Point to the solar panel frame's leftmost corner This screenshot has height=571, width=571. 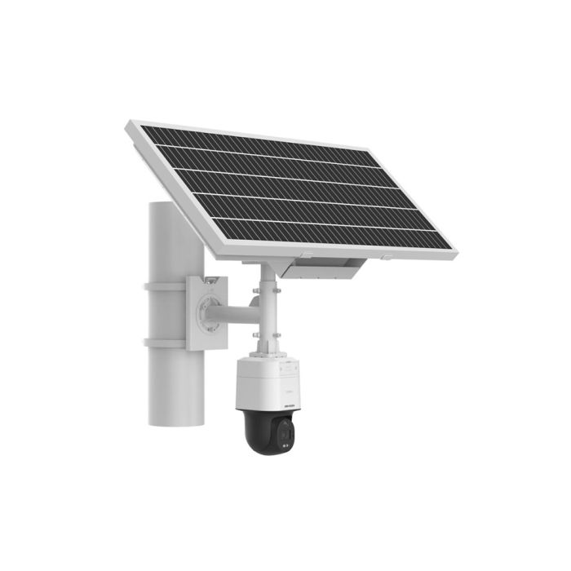click(x=129, y=126)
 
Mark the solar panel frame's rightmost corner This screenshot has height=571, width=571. click(x=454, y=254)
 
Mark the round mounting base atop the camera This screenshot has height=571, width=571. click(x=267, y=355)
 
